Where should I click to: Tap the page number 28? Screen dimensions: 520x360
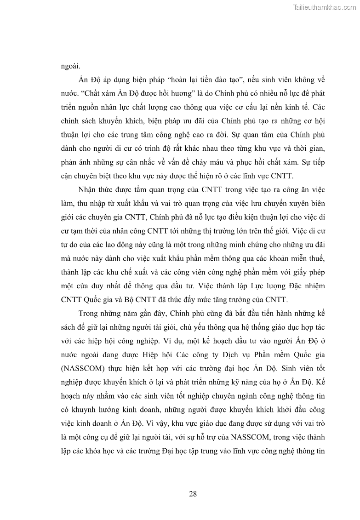point(193,494)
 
